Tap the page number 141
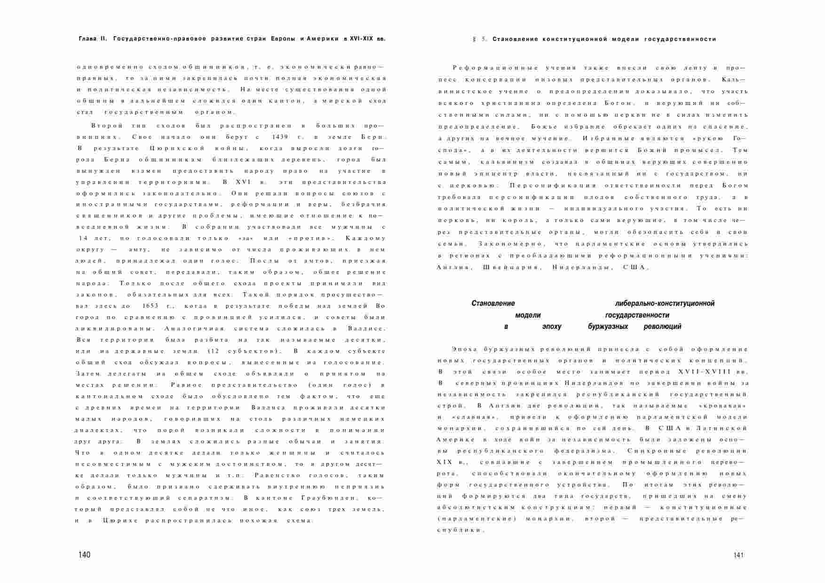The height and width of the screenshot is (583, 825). point(738,555)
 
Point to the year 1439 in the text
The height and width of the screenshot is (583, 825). point(280,137)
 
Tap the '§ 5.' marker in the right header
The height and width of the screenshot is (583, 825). point(480,39)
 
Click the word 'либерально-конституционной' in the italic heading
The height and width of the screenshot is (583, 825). point(665,303)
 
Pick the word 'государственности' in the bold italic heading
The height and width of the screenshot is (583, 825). point(637,315)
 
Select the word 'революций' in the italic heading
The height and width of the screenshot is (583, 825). point(662,327)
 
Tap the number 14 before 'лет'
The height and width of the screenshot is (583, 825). point(85,239)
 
